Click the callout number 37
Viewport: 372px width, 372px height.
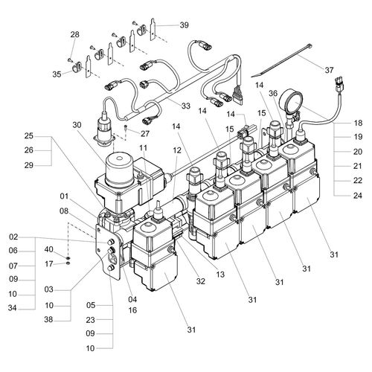point(329,70)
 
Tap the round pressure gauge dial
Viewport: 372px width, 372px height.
point(291,101)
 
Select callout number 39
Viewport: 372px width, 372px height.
point(184,25)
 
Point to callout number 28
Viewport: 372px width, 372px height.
point(74,34)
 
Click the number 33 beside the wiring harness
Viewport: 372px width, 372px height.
point(186,106)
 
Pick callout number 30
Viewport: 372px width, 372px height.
point(77,125)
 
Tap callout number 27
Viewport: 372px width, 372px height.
point(145,134)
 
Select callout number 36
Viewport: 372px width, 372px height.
point(273,94)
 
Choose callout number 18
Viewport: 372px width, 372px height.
point(358,123)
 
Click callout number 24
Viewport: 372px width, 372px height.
point(358,196)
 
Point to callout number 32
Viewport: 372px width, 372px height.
point(201,281)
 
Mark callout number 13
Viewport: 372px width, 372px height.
point(219,275)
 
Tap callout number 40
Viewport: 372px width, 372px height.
point(49,249)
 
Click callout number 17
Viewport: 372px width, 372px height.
point(49,264)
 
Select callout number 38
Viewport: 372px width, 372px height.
point(49,320)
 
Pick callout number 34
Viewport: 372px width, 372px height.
point(13,308)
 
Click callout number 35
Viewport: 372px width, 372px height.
point(57,74)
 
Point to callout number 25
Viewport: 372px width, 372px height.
point(29,136)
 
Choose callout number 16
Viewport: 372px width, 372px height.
point(132,310)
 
